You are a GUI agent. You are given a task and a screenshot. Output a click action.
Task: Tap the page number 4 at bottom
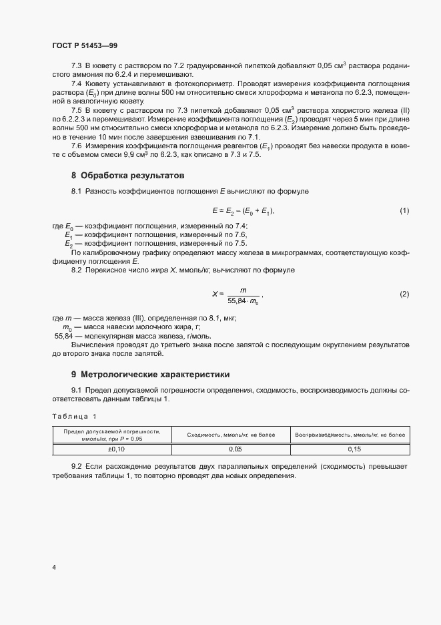pos(54,568)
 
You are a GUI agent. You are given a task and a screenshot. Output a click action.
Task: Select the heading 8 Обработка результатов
pos(127,176)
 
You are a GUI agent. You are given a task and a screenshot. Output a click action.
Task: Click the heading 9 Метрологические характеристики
pos(150,374)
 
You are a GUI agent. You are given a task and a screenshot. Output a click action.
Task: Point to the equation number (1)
pos(404,211)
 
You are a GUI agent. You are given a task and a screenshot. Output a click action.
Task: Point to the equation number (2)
pos(404,294)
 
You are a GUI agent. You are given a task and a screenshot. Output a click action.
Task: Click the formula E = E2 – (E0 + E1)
pos(244,211)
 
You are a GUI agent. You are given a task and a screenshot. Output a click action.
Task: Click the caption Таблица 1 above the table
pos(74,417)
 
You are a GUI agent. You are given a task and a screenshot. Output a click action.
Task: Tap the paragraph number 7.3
pos(76,66)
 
